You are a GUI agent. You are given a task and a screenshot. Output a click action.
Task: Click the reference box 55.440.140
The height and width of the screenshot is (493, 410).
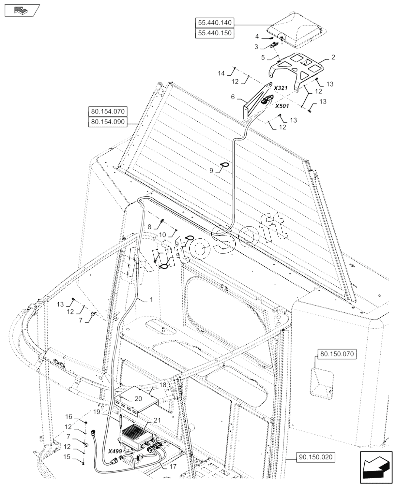coord(215,23)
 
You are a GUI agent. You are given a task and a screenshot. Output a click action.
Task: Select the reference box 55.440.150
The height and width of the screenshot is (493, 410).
coord(215,33)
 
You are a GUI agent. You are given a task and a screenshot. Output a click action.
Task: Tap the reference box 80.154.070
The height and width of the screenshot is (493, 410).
coord(108,112)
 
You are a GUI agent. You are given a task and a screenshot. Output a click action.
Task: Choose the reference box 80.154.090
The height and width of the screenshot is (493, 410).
coord(108,122)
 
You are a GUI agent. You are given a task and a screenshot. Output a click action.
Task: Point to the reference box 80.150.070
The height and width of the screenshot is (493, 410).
coord(337,354)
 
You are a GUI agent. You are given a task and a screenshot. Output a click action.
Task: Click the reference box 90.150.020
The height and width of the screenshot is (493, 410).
coord(316,466)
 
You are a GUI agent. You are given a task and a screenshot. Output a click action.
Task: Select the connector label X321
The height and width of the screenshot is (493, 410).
coord(280,88)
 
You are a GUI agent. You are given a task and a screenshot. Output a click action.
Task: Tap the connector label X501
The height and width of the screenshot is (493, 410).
coord(282,106)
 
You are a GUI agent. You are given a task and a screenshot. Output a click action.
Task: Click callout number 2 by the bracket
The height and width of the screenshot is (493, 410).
coord(333,57)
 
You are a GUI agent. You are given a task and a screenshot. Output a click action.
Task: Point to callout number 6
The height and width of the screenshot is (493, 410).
coord(233,97)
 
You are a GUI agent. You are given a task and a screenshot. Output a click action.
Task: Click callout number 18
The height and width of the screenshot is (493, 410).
coord(163,385)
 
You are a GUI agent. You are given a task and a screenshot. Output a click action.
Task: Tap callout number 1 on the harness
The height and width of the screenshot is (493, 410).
coord(151,300)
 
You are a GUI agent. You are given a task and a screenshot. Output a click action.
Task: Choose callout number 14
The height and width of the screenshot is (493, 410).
coord(221,73)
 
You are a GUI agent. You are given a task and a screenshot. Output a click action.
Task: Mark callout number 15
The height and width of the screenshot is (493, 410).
coord(67,465)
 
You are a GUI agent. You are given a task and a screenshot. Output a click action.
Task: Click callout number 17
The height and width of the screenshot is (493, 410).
coord(173,467)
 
